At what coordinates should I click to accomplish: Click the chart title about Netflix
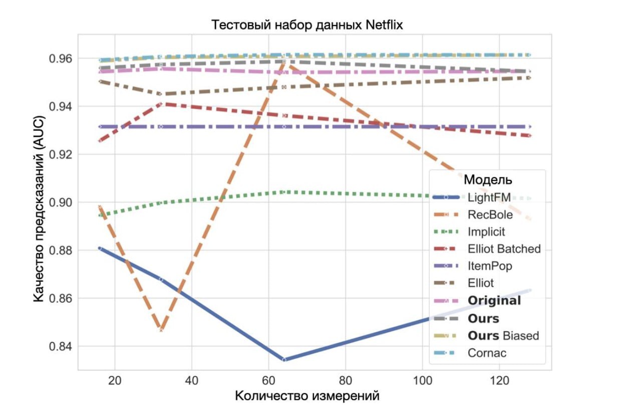[307, 25]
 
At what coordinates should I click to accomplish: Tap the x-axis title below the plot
[307, 396]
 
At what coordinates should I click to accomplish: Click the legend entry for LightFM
[489, 197]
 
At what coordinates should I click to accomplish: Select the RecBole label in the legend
[490, 215]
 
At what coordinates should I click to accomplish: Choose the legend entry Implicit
[486, 232]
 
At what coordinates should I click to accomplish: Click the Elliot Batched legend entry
[504, 249]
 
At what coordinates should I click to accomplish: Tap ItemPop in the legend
[490, 266]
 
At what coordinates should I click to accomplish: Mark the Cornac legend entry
[487, 353]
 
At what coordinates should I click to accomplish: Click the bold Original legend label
[494, 301]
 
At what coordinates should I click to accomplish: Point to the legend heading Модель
[488, 179]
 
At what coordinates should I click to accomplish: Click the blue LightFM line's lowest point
[284, 359]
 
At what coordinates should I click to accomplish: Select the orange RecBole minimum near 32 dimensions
[161, 329]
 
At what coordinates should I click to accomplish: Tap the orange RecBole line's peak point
[284, 61]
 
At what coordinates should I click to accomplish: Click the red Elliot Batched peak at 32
[161, 104]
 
